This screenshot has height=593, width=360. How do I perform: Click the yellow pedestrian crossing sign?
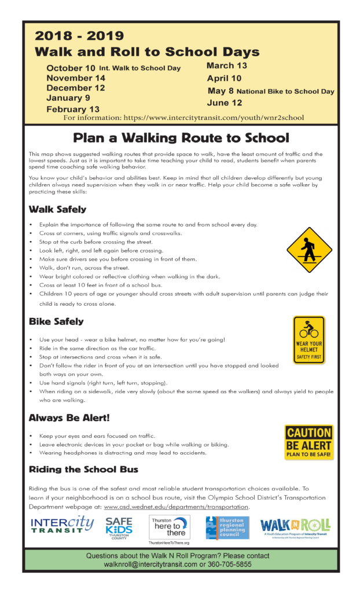pos(309,250)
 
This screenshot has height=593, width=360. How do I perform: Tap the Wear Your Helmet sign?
pos(308,340)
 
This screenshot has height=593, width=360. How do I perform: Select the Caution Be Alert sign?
pos(308,442)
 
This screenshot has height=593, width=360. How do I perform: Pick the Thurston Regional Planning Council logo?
pos(227,528)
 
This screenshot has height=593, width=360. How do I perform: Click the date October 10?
pos(71,68)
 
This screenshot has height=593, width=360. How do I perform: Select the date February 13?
pos(73,109)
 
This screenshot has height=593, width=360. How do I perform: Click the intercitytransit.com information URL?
pos(226,118)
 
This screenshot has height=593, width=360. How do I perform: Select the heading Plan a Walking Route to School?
pos(180,138)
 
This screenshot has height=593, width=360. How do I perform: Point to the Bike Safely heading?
pos(56,321)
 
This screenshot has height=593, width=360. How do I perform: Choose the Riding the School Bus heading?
pos(83,469)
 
